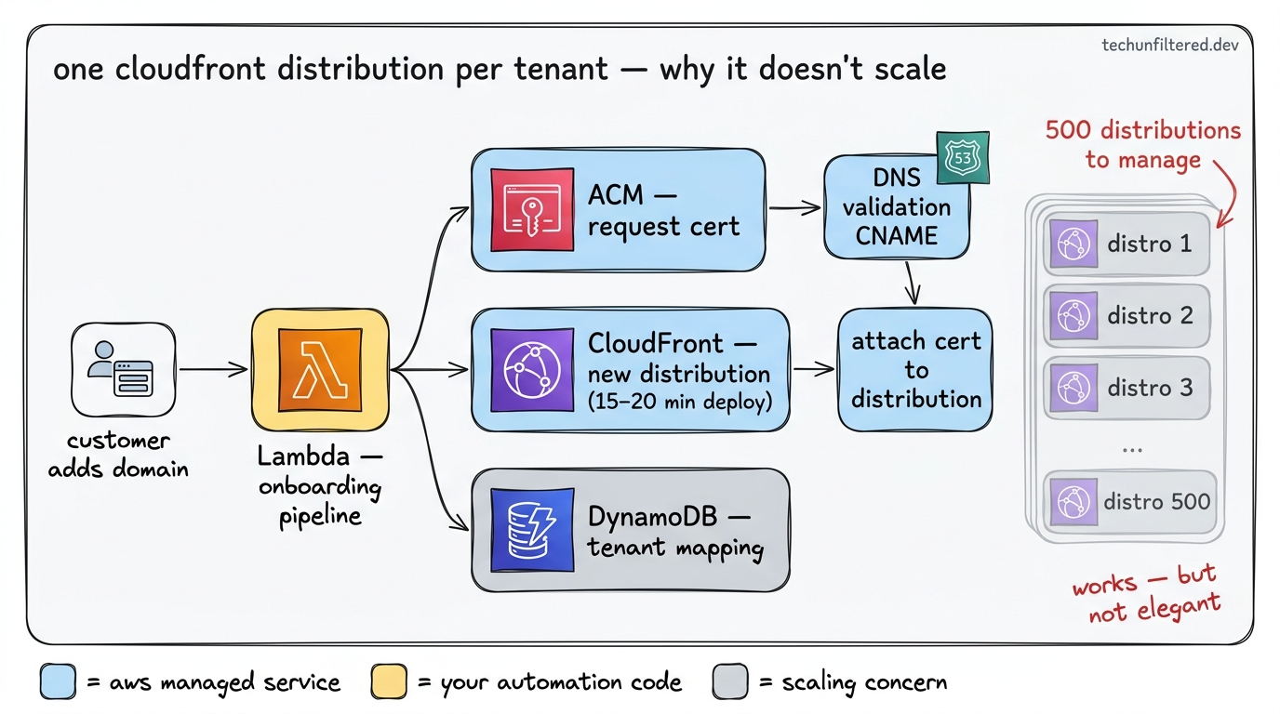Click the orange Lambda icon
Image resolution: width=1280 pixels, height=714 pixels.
coord(320,370)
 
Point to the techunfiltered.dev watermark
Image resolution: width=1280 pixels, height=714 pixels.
coord(1169,46)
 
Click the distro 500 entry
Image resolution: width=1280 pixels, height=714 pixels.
coord(1127,502)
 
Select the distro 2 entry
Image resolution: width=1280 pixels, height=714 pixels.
coord(1127,316)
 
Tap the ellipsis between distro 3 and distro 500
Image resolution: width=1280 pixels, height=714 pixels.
coord(1131,449)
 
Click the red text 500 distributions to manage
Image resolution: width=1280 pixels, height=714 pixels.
coord(1142,144)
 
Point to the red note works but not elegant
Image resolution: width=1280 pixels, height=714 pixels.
coord(1146,595)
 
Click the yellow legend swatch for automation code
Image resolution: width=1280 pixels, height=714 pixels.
coord(389,682)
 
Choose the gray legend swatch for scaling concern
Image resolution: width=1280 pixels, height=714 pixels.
coord(730,682)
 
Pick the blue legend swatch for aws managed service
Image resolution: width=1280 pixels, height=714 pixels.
coord(58,682)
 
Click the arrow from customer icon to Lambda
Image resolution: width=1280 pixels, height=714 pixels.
coord(212,370)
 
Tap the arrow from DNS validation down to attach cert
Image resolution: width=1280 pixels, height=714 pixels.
coord(912,283)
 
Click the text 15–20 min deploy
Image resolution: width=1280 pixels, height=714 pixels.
coord(679,403)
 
